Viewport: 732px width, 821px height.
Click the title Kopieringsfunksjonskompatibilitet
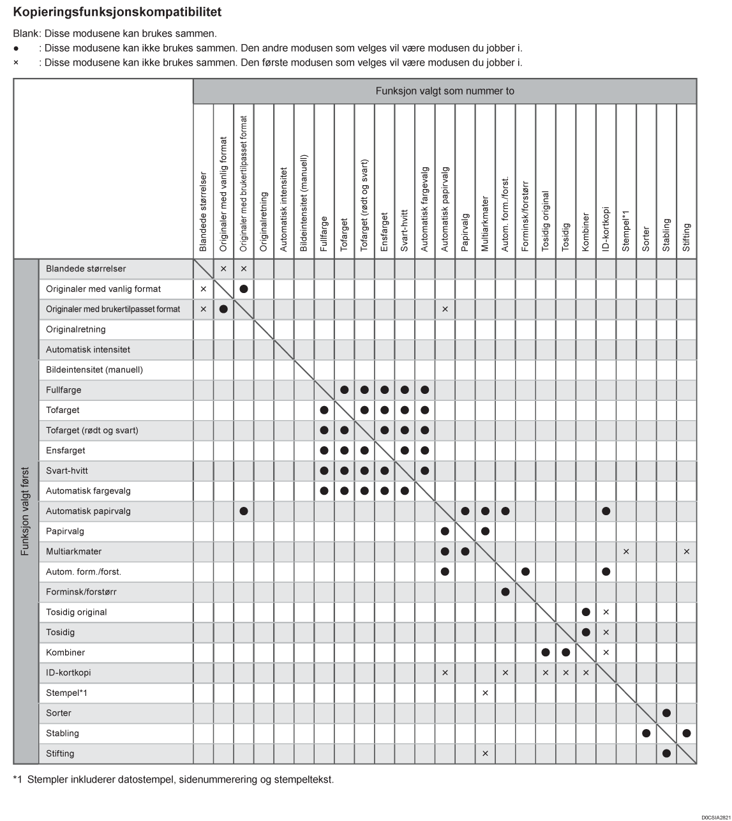pos(117,12)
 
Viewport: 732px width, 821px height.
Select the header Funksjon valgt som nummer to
pos(444,91)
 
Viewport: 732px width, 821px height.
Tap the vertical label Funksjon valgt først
pos(26,511)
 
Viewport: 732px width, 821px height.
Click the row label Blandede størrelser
pos(86,269)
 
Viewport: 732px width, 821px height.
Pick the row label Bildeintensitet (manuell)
pos(94,370)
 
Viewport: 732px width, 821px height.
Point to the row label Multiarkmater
pos(74,552)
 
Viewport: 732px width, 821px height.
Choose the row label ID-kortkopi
pos(68,673)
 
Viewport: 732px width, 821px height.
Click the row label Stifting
pos(60,753)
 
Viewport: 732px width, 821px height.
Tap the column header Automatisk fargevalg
pos(425,209)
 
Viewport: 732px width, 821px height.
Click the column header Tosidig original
pos(545,221)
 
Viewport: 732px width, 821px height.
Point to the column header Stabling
pos(666,235)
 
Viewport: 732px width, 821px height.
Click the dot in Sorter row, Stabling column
pos(666,713)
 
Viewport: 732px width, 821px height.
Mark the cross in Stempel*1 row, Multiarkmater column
pos(485,693)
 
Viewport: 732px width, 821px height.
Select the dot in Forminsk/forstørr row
pos(505,592)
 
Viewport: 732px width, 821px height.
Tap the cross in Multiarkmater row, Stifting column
pos(687,552)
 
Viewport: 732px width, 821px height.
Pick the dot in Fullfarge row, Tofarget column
pos(345,390)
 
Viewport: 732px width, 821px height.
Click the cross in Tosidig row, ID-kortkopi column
pos(606,632)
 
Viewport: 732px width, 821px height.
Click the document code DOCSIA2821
pos(715,817)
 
